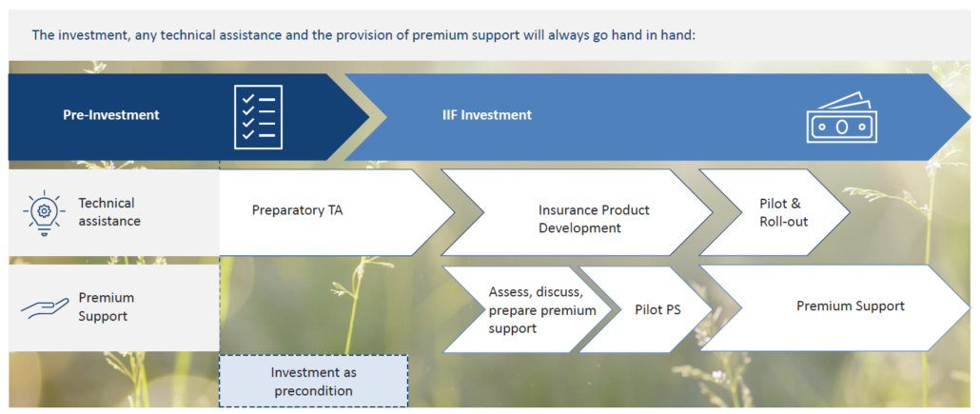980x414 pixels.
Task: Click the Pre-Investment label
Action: (111, 115)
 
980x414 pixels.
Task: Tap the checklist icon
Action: (258, 117)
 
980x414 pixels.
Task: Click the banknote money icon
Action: (841, 118)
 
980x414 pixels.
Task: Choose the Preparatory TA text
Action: (298, 210)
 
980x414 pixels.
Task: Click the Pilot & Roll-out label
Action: (784, 212)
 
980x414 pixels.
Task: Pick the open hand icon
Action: (45, 307)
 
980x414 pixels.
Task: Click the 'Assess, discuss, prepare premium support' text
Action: (542, 309)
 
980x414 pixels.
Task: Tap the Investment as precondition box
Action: (313, 382)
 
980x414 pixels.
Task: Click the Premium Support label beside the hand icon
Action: (107, 306)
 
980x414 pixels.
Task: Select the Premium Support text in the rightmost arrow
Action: (850, 306)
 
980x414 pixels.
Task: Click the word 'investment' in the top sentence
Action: (84, 34)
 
